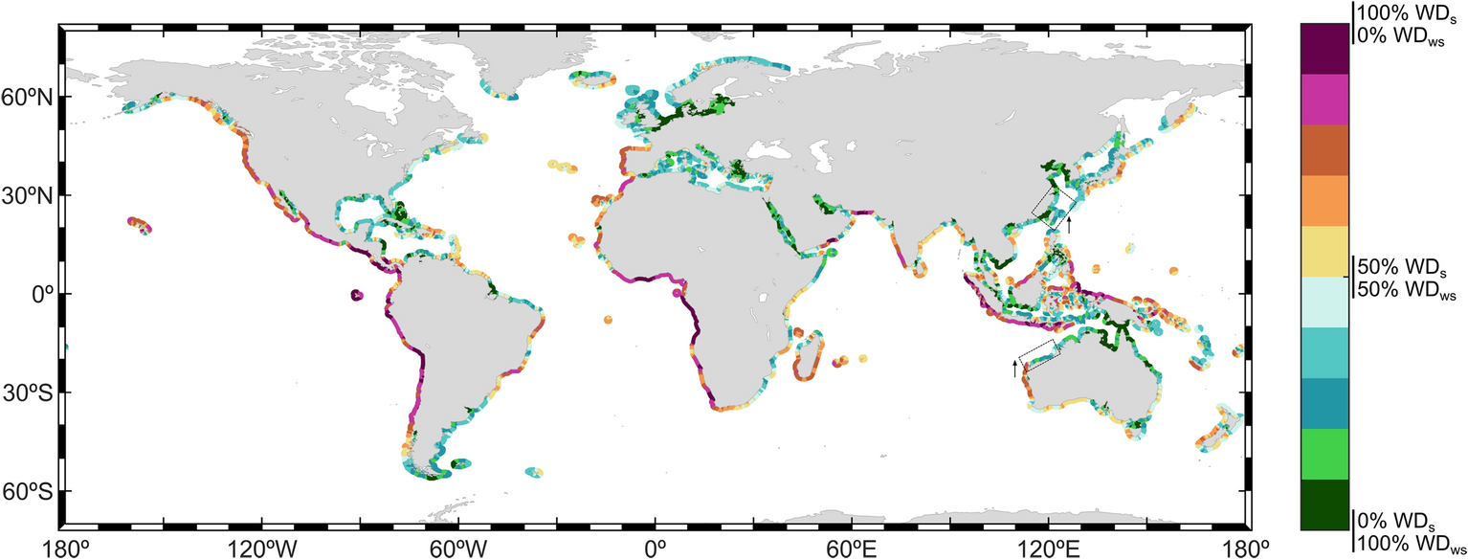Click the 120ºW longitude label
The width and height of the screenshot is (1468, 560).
pos(260,549)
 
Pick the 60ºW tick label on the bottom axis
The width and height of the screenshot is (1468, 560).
pos(457,549)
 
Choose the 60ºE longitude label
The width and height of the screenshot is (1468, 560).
pos(852,549)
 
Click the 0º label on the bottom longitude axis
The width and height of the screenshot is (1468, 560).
pos(656,549)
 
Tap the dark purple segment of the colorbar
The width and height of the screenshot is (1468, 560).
pos(1324,48)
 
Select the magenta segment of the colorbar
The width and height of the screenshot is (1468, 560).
pos(1324,99)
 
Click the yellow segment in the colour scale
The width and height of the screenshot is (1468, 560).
pos(1324,252)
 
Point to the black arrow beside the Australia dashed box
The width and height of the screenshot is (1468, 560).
pos(1015,368)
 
